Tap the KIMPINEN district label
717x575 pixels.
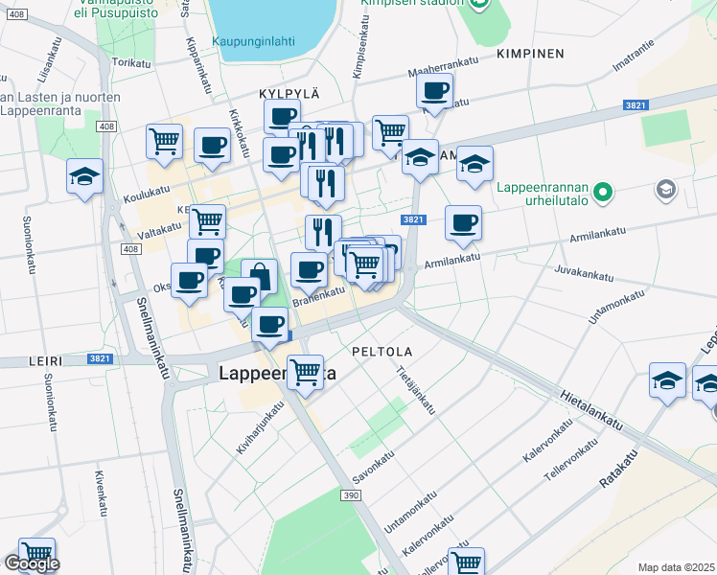coord(530,54)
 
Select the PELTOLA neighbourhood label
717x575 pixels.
coord(382,352)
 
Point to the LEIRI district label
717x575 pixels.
coord(46,361)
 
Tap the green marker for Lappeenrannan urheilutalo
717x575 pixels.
coord(602,194)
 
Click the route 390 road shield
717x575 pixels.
coord(351,494)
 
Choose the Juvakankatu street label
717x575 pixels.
coord(583,275)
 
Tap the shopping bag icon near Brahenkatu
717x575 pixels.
coord(259,276)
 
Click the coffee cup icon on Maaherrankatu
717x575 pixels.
coord(434,91)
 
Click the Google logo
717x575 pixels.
coord(32,564)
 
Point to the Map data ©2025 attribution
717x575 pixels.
coord(676,567)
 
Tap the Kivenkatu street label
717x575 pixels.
coord(98,491)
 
